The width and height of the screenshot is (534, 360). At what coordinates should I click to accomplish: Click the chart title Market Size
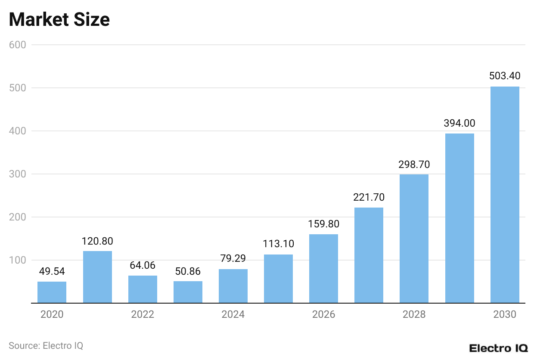point(59,20)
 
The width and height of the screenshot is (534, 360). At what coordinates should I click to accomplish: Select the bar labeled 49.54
point(52,292)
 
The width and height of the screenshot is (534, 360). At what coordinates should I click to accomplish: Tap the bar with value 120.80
point(97,277)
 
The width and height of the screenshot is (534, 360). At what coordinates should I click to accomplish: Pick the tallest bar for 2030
point(505,195)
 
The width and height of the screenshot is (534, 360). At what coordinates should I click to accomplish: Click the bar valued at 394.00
point(459,218)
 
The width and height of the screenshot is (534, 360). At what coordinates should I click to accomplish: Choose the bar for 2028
point(414,239)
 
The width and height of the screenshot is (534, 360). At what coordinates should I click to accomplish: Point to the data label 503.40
point(505,76)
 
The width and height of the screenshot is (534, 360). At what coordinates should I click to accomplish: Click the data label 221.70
point(369,197)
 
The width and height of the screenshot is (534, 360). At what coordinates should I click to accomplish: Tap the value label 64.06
point(143,265)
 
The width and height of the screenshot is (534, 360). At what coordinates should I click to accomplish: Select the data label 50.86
point(188,271)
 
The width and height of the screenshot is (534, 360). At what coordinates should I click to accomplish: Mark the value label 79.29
point(233,259)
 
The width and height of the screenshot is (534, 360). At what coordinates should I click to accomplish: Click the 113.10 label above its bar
point(278,244)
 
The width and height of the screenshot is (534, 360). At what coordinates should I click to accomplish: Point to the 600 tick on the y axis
point(18,45)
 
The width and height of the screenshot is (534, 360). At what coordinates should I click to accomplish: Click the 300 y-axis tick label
point(18,174)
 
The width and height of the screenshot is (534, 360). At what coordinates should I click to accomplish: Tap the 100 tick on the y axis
point(18,260)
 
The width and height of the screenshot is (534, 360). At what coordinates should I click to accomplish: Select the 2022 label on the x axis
point(143,314)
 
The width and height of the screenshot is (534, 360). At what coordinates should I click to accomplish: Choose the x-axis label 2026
point(323,314)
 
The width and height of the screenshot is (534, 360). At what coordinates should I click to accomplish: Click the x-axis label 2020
point(52,314)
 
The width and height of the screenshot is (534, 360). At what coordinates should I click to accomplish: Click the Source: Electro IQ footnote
point(46,345)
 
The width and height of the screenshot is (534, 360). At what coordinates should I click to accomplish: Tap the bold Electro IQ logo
point(498,348)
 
